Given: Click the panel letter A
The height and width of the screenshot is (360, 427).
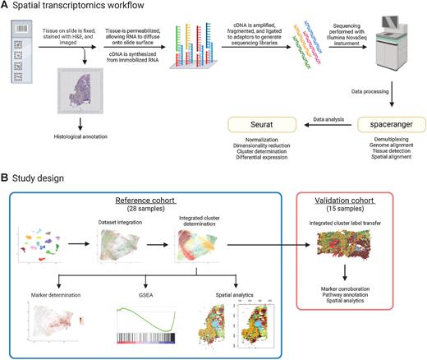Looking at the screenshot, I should [6, 7].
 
